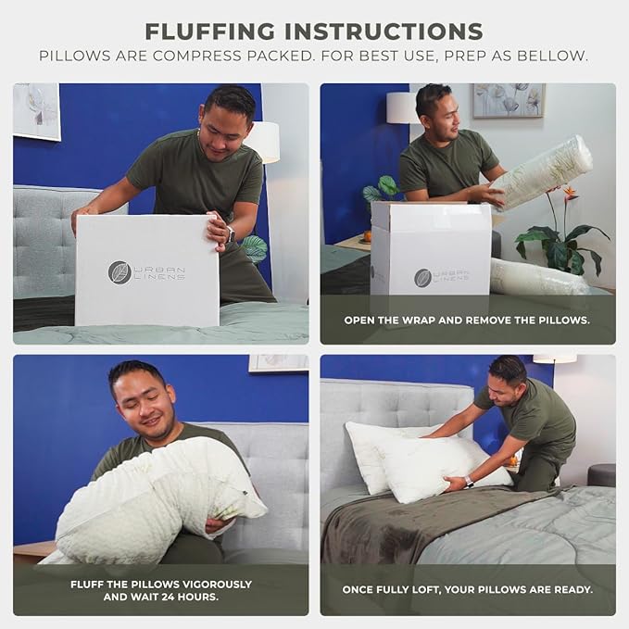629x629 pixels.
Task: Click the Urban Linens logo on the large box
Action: (146, 271)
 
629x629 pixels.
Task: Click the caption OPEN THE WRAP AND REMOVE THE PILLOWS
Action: (467, 321)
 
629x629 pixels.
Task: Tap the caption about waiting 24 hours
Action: (160, 591)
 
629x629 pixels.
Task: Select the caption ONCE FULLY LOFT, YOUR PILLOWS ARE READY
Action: (467, 590)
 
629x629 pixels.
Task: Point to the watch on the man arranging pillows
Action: (469, 482)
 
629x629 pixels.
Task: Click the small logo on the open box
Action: (422, 277)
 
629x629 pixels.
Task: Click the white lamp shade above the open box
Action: (403, 107)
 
